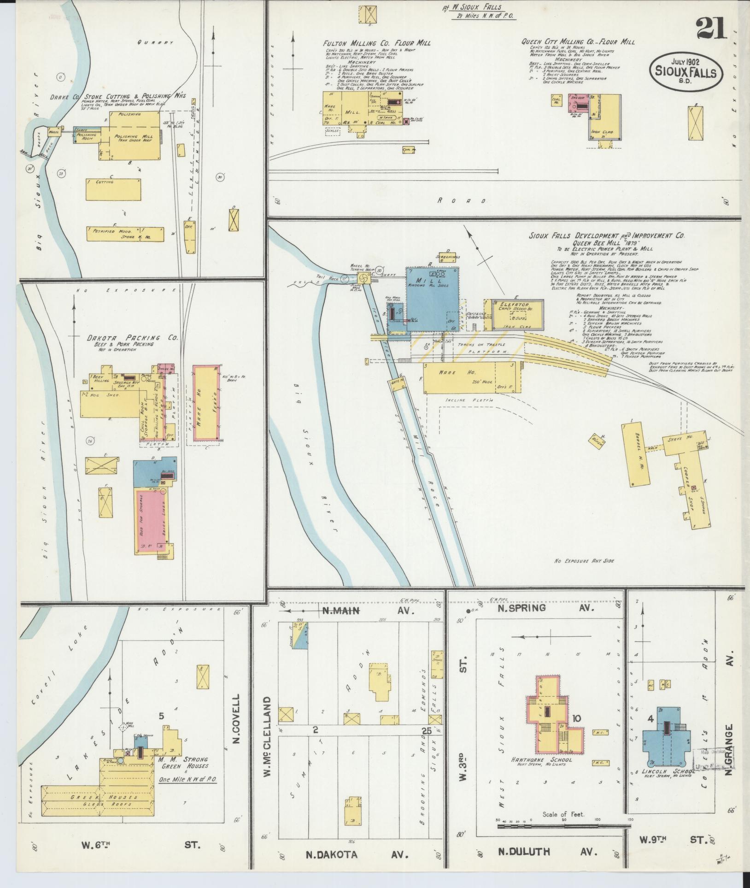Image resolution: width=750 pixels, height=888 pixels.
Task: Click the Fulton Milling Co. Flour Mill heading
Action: (377, 43)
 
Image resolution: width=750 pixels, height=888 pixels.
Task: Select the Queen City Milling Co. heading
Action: (578, 42)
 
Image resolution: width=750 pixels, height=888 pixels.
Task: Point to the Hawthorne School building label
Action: (548, 759)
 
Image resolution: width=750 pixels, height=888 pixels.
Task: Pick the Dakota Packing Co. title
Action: (133, 338)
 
